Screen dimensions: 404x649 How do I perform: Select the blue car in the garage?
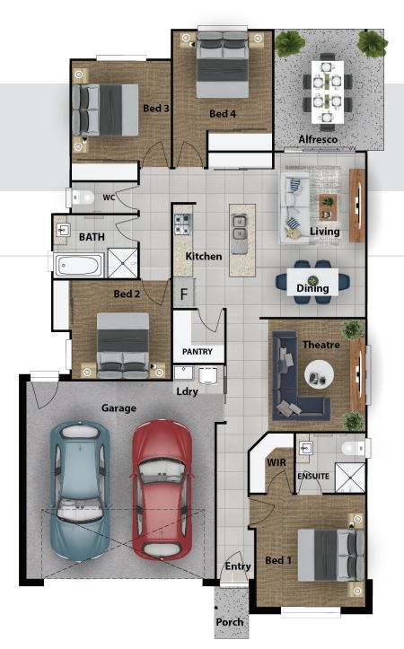[x=80, y=491]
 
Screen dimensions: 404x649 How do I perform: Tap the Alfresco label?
[x=318, y=139]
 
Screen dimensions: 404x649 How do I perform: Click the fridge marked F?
[x=184, y=294]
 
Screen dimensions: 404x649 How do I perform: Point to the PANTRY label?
[x=198, y=351]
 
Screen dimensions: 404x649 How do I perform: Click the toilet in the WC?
[x=81, y=197]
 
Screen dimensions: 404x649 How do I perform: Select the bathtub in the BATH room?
[x=79, y=265]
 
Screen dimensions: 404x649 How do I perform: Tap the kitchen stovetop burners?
[x=183, y=224]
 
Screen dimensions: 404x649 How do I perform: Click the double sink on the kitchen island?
[x=239, y=228]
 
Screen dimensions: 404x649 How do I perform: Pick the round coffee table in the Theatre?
[x=319, y=373]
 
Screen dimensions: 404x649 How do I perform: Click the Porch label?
[x=230, y=622]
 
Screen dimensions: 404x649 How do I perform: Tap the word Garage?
[x=119, y=408]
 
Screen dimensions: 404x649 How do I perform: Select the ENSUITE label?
[x=313, y=477]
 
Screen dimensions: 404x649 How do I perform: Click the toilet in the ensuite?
[x=354, y=447]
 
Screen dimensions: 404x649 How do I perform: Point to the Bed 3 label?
[x=156, y=109]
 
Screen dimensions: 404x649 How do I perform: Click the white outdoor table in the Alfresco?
[x=328, y=92]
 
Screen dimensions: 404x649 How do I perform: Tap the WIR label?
[x=277, y=462]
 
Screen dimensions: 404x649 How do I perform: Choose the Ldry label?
[x=187, y=391]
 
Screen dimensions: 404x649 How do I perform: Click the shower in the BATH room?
[x=122, y=263]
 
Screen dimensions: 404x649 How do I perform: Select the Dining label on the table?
[x=312, y=287]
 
